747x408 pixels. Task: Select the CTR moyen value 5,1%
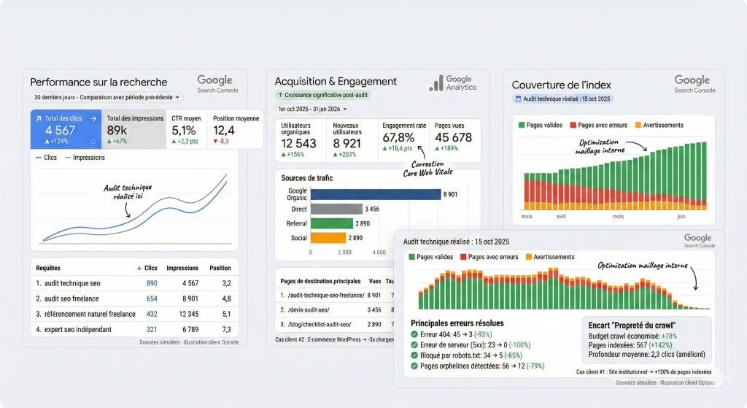[x=184, y=131]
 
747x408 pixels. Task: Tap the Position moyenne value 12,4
[x=224, y=131]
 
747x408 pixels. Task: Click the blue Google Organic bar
[x=376, y=194]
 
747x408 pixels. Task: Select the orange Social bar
[x=328, y=238]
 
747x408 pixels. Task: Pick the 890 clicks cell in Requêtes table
[x=152, y=283]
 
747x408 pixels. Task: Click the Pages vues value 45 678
[x=453, y=138]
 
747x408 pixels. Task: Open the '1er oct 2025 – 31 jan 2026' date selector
[x=313, y=109]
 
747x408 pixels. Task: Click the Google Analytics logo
[x=452, y=83]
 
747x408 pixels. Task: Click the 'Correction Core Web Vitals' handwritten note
[x=428, y=169]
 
